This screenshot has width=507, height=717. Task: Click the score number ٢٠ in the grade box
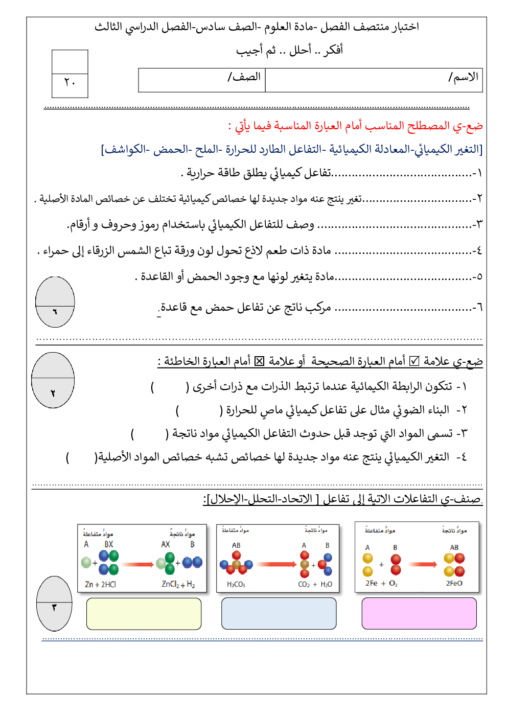click(70, 82)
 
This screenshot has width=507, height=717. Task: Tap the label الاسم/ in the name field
click(464, 77)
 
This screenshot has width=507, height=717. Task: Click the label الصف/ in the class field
click(244, 77)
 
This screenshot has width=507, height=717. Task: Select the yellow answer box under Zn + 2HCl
click(144, 614)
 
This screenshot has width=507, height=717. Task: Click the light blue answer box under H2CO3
click(279, 613)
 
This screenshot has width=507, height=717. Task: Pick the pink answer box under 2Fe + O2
click(419, 613)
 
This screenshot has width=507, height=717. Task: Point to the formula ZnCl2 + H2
click(178, 584)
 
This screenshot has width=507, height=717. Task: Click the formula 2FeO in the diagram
click(454, 583)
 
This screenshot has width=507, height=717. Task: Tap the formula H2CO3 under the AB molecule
click(236, 585)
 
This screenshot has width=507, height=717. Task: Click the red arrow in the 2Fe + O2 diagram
click(423, 565)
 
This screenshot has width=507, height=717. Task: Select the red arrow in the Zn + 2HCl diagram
click(138, 565)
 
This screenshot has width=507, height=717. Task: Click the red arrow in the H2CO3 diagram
click(276, 565)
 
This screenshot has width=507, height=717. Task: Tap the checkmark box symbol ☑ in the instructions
click(414, 361)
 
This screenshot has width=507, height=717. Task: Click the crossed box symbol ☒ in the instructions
click(260, 361)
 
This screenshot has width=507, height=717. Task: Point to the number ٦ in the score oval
click(55, 311)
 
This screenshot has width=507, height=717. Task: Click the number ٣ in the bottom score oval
click(54, 607)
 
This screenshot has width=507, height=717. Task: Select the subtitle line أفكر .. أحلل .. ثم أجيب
click(289, 50)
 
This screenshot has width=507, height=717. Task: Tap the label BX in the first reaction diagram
click(109, 545)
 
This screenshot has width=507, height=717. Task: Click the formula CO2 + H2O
click(315, 585)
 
